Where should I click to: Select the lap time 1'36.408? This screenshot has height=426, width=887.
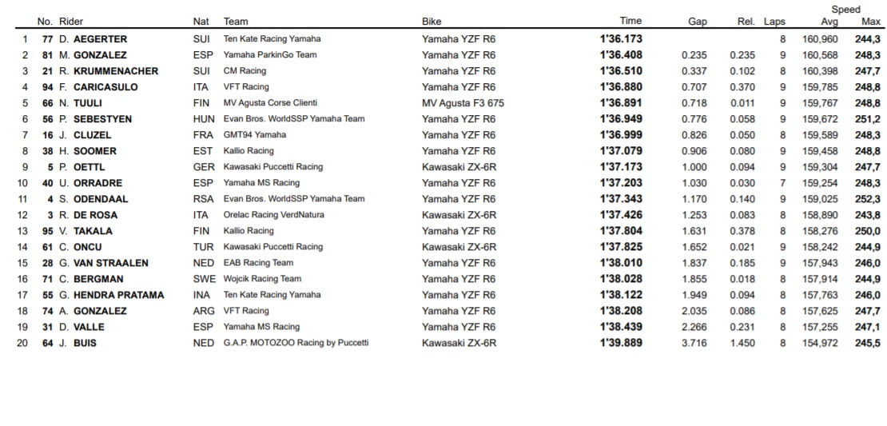(621, 55)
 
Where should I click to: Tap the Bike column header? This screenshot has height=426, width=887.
(432, 22)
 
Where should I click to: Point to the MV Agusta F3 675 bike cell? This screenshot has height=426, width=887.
(463, 103)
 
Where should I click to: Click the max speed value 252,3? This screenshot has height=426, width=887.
(867, 199)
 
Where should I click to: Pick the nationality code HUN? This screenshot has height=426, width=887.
(203, 119)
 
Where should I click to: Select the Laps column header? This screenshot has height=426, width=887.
(774, 22)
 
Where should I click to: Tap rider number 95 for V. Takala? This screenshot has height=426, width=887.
(49, 231)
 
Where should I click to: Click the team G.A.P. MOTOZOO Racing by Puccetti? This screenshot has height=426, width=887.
(296, 343)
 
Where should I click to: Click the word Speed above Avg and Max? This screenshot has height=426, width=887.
(845, 10)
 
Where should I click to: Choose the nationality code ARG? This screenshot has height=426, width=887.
(203, 311)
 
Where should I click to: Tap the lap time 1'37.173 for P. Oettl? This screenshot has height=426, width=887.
(621, 167)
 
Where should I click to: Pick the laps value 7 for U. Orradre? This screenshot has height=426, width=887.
(782, 183)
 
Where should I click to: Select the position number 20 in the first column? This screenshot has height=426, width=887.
(24, 343)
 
